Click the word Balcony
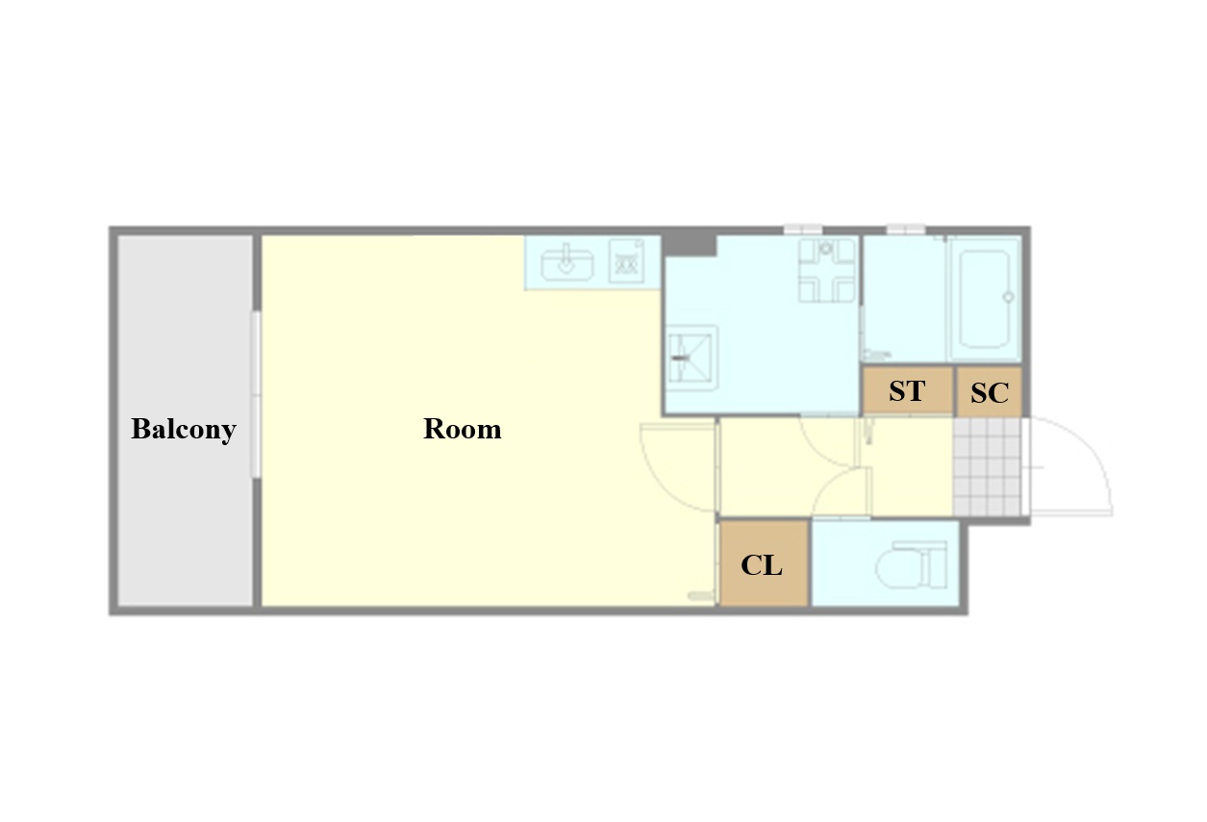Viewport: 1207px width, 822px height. tap(184, 430)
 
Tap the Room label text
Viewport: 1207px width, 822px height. tap(463, 430)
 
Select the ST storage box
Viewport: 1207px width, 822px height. tap(907, 390)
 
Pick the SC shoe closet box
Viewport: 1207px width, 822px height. tap(990, 392)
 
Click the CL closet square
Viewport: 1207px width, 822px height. tap(764, 563)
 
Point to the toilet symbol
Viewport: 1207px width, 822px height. tap(912, 565)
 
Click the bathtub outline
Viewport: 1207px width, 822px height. tap(985, 298)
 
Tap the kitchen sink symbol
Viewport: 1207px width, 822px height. tap(566, 263)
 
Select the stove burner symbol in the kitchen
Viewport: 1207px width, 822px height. tap(626, 262)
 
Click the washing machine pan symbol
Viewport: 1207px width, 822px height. tap(692, 357)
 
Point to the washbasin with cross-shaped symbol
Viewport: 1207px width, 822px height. tap(826, 270)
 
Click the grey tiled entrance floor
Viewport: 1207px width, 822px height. tap(987, 466)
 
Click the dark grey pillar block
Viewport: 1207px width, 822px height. tap(690, 245)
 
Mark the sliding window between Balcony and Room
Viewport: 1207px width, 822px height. tap(257, 394)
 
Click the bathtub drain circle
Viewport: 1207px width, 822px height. tap(1008, 297)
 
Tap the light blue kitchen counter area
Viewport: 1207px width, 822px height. tap(592, 262)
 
